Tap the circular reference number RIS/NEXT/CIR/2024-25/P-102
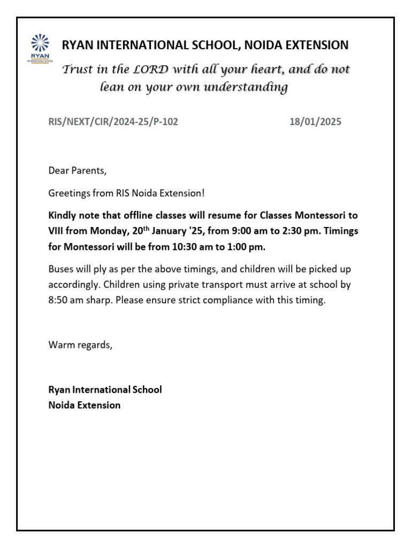[x=113, y=122]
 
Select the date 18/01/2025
[x=315, y=122]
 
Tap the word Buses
[x=60, y=269]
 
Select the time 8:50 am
[x=65, y=300]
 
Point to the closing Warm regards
[x=80, y=345]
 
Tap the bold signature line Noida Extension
[x=85, y=405]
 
